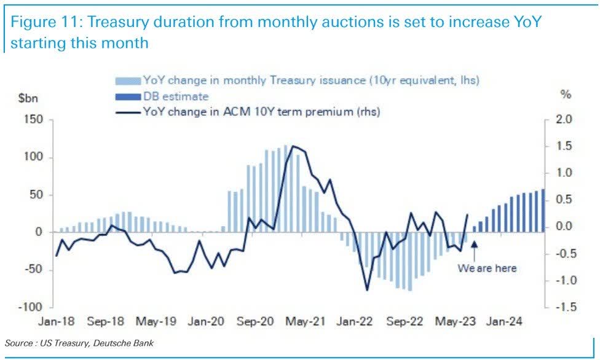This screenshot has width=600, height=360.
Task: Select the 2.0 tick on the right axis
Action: tap(563, 120)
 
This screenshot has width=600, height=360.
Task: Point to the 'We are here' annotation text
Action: tap(487, 268)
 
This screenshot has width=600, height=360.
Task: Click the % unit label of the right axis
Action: tap(566, 95)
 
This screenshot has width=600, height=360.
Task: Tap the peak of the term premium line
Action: tap(293, 146)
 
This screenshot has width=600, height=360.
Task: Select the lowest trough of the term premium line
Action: tap(368, 290)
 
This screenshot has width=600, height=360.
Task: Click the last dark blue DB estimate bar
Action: tap(542, 211)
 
